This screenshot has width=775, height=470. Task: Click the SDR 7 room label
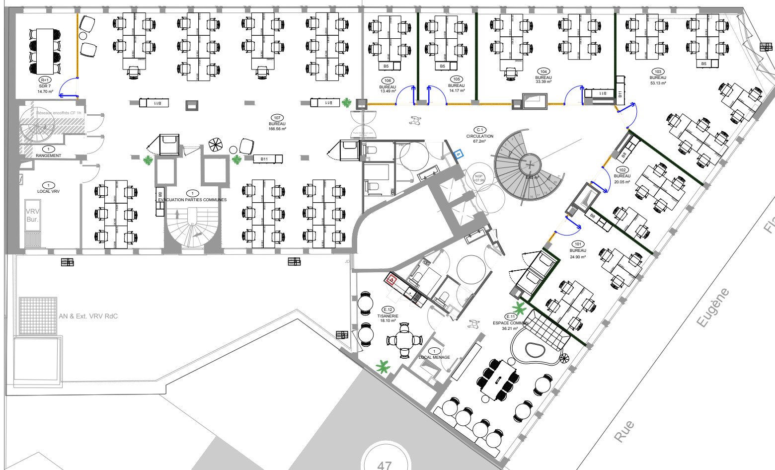45,86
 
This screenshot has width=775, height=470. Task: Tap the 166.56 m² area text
277,129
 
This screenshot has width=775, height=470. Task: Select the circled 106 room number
387,80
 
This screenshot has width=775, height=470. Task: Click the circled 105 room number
456,79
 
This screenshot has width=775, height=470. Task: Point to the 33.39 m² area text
543,82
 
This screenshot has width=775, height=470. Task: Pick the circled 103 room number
658,72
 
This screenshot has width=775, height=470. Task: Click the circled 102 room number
622,170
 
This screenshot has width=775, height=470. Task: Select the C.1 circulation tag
480,130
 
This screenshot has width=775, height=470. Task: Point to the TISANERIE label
388,316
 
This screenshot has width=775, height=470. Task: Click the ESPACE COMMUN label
510,323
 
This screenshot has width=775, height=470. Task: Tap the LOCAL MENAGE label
434,357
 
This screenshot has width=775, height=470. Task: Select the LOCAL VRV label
48,191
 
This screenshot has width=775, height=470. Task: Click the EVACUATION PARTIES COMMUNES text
192,200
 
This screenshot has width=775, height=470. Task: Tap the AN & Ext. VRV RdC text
88,316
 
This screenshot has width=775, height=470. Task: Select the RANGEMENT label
48,156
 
